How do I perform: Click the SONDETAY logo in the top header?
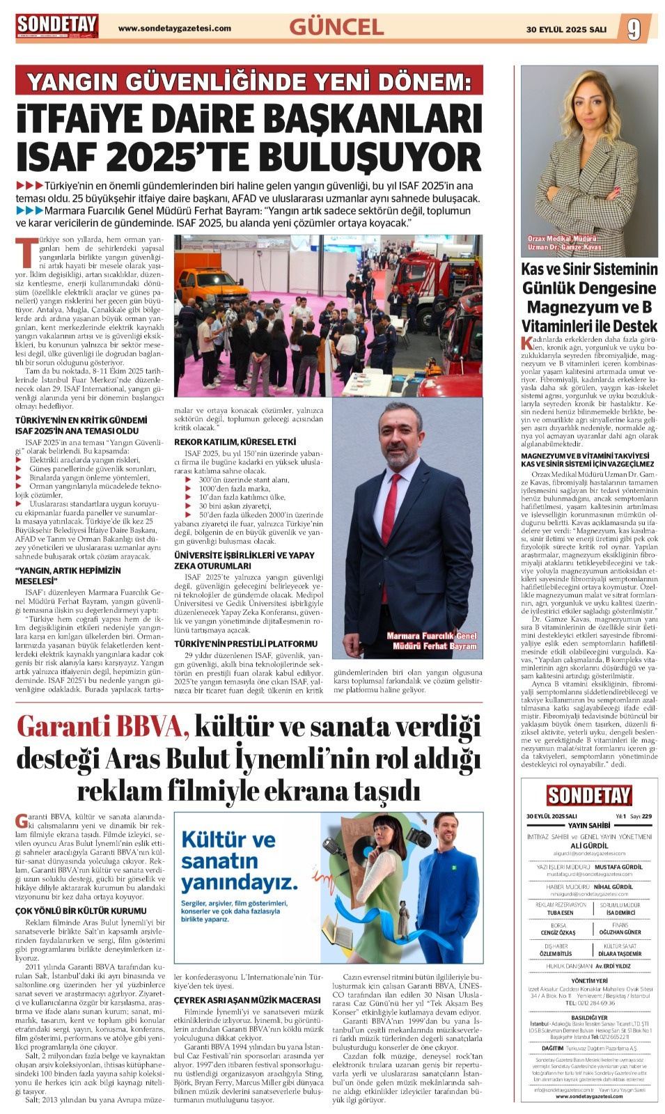point(58,26)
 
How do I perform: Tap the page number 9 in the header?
point(633,29)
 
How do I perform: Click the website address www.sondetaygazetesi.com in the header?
point(175,29)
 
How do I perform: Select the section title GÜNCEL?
point(336,27)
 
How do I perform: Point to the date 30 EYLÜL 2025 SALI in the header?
point(566,29)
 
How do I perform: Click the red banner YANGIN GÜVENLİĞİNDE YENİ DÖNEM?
point(249,82)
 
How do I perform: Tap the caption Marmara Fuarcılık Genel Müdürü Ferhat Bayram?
point(432,641)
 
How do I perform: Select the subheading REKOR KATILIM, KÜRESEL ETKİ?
point(235,442)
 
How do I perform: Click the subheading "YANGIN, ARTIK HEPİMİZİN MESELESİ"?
point(68,575)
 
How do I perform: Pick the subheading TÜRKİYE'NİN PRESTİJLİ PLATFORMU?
point(245,643)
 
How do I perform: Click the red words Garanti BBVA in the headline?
point(102,727)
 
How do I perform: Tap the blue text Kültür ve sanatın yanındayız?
point(238,861)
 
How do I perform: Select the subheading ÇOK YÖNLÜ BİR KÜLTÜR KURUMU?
point(81,910)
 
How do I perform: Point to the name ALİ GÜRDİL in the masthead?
point(589,845)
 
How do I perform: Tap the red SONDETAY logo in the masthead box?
point(589,795)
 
